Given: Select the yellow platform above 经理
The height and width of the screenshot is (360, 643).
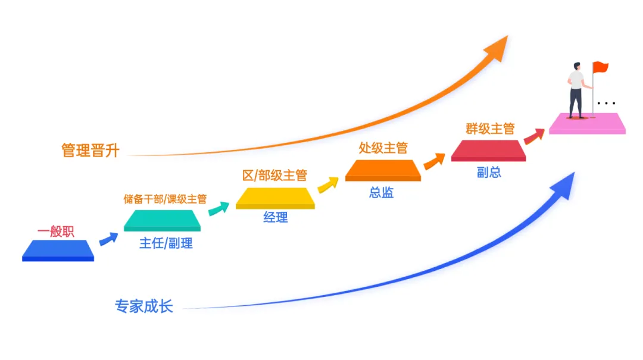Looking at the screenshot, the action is pos(275,198).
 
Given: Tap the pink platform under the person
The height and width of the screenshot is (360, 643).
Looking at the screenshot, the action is pos(587,123).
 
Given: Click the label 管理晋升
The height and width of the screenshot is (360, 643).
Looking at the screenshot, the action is pos(90,151).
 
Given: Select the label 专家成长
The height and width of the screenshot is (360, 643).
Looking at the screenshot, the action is pos(144,306).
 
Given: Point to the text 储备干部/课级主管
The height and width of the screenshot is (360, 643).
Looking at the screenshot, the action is pos(165,199).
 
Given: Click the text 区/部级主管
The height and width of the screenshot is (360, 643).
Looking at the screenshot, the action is pos(274,176).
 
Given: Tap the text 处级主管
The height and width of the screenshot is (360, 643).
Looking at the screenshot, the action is pos(383,148).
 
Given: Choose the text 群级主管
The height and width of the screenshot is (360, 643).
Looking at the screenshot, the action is pos(490,129).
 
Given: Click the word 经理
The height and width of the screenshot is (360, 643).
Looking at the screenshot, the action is pos(276,218).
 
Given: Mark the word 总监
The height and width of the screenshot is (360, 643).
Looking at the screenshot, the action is pos(382,193).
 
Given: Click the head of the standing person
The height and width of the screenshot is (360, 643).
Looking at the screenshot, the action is pos(576,66).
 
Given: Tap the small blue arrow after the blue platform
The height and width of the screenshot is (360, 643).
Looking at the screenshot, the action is pos(108,239).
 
